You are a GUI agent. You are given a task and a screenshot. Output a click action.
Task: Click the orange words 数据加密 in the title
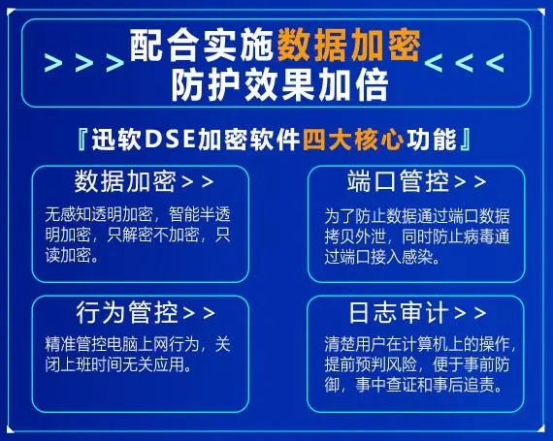[x=349, y=46]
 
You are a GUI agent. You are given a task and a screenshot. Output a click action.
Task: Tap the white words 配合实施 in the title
[x=203, y=46]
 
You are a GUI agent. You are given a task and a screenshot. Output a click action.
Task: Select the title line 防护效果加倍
[x=280, y=85]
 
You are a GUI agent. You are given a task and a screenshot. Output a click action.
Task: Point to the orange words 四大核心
[x=353, y=140]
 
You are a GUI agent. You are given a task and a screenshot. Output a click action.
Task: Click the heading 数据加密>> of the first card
[x=144, y=181]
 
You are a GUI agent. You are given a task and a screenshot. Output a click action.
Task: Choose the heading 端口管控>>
[x=417, y=181]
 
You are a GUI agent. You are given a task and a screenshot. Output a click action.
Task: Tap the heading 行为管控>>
[x=146, y=312]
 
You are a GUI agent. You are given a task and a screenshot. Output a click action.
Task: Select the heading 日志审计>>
[x=417, y=312]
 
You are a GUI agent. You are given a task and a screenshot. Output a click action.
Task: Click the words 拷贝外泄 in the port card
[x=355, y=237]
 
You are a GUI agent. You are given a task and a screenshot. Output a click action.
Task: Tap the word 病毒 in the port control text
[x=478, y=237]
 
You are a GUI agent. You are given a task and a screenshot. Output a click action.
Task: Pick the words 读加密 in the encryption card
[x=68, y=255]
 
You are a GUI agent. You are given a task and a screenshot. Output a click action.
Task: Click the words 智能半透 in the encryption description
[x=199, y=214]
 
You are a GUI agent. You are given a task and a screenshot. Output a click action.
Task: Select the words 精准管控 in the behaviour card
[x=76, y=344]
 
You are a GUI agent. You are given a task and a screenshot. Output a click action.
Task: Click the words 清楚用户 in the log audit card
[x=355, y=344]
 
